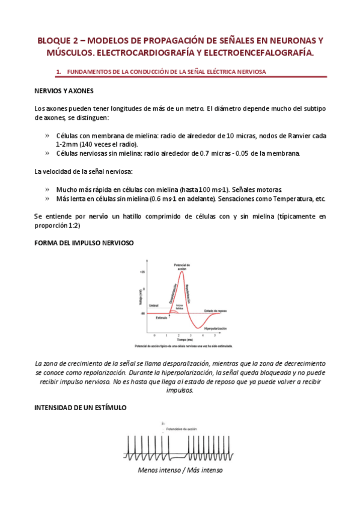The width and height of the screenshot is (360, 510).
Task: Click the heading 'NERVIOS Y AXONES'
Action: pos(64,91)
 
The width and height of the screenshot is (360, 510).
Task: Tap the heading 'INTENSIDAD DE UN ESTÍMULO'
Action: pos(81,407)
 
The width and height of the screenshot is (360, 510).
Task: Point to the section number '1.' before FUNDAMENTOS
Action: pos(59,72)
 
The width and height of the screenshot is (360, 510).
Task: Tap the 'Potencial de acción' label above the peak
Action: pos(182,266)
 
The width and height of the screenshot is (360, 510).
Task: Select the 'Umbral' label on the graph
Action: pos(153,306)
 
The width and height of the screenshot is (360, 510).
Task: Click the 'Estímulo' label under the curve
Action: pos(156,318)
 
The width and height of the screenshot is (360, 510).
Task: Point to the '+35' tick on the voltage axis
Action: pos(142,273)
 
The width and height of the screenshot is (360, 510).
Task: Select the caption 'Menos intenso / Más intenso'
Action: pos(180,470)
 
